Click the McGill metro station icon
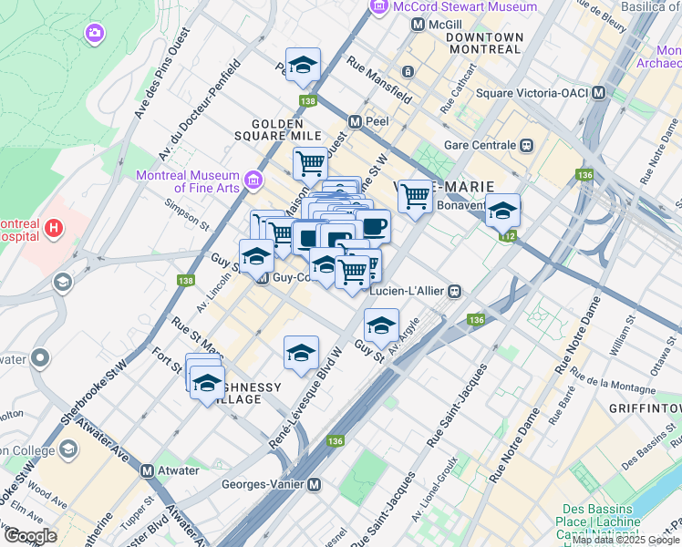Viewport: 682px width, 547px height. [x=418, y=25]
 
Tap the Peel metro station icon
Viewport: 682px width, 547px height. [x=356, y=121]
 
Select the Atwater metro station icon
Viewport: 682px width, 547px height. [x=147, y=470]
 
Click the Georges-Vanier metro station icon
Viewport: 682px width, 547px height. [x=315, y=486]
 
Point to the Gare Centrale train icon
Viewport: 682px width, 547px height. [x=526, y=145]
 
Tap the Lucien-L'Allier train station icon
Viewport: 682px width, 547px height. [x=453, y=291]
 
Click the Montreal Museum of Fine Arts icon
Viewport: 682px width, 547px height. [x=253, y=177]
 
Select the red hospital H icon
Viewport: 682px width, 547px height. [x=54, y=227]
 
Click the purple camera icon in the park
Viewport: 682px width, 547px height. [x=94, y=35]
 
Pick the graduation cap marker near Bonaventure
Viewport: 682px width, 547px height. [x=502, y=212]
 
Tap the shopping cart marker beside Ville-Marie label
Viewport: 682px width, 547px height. [x=415, y=196]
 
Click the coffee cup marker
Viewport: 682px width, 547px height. [x=373, y=224]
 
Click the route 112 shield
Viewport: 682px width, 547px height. [x=507, y=237]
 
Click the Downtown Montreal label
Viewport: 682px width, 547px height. [x=484, y=43]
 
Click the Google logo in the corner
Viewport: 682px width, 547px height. [x=30, y=535]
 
